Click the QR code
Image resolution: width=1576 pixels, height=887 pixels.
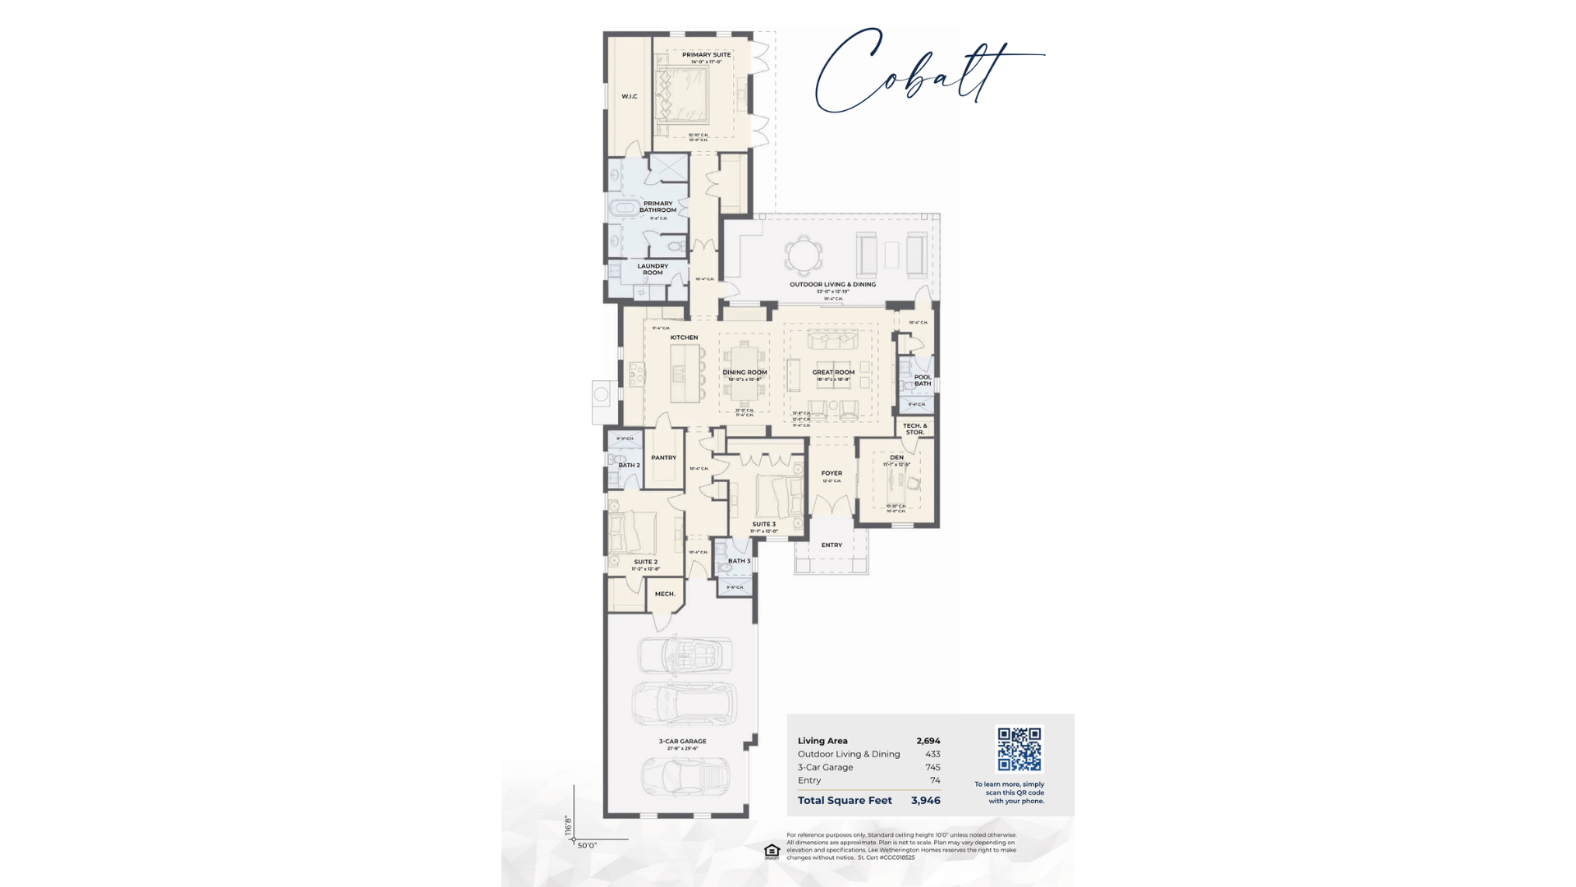1019,749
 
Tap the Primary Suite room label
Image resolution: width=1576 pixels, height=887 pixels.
706,55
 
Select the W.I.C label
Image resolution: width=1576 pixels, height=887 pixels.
630,97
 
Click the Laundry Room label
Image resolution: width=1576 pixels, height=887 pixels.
653,269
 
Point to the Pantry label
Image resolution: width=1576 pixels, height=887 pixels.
663,457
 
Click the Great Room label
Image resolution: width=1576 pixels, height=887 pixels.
833,372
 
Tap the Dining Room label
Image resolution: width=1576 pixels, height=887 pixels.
744,372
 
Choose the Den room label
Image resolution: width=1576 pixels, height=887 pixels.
896,457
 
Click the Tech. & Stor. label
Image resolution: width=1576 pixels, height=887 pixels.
914,429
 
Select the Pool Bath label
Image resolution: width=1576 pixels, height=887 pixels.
923,380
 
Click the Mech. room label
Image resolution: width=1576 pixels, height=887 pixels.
665,594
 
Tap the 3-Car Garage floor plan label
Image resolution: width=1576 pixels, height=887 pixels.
682,741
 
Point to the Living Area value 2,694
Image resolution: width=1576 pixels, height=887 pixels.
928,741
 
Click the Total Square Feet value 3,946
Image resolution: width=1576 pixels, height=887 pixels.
925,800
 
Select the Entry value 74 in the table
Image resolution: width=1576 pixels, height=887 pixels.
935,780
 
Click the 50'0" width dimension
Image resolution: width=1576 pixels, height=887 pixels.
587,845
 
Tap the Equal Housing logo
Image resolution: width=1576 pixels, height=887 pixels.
772,852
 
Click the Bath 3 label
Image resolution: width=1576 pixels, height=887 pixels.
739,561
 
